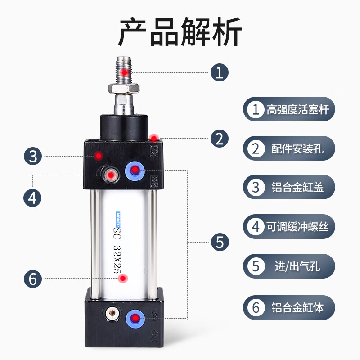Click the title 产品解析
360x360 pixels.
[180, 32]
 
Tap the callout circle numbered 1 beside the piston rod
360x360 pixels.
[220, 72]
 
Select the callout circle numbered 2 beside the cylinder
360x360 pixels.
[220, 138]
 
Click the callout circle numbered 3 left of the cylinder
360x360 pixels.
[32, 157]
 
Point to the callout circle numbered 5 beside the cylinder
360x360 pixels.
[220, 242]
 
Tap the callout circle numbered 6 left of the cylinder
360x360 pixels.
[32, 279]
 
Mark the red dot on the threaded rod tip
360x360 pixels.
[125, 72]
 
